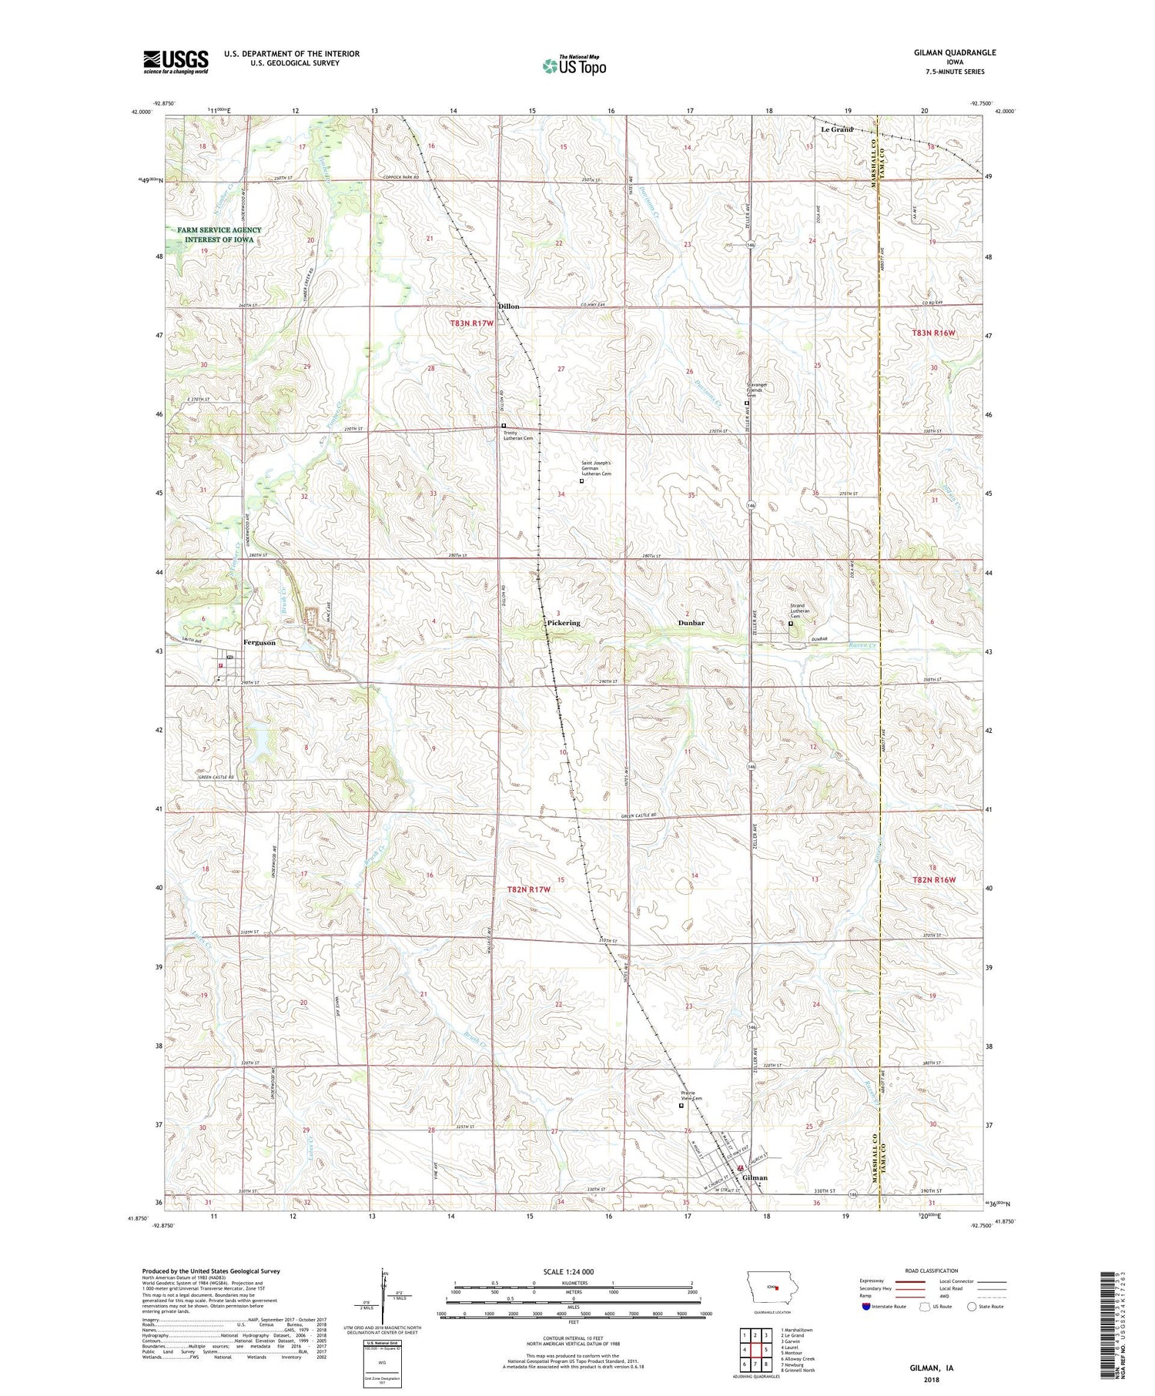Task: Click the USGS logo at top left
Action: tap(176, 62)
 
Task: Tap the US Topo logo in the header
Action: tap(574, 66)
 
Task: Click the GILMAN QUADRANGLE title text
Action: tap(951, 52)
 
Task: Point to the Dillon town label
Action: tap(509, 306)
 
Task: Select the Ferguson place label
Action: tap(259, 642)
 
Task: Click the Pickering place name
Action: tap(564, 622)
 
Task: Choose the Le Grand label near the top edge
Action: tap(837, 129)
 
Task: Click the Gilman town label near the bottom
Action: tap(755, 1177)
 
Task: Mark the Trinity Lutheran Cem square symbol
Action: tap(504, 426)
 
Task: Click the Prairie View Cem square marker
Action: tap(681, 1106)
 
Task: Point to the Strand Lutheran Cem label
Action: tap(803, 610)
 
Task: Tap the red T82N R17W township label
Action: tap(530, 889)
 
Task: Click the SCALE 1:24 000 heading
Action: tap(574, 1271)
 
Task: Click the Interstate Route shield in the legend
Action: tap(866, 1307)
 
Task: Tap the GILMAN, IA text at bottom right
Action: tap(932, 1368)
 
